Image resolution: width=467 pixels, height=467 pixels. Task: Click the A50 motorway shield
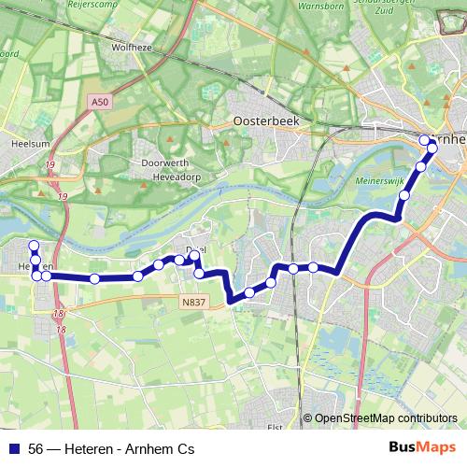[100, 101]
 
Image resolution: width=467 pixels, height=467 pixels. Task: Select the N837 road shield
[192, 303]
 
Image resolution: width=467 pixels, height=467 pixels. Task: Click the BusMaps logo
[422, 448]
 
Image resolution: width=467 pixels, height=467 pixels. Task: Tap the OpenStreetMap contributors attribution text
[386, 418]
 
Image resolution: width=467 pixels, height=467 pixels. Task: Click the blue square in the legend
[15, 449]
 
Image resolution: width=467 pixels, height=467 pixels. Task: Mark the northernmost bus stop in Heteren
[34, 246]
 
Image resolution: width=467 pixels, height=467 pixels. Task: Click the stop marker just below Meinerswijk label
[404, 195]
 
